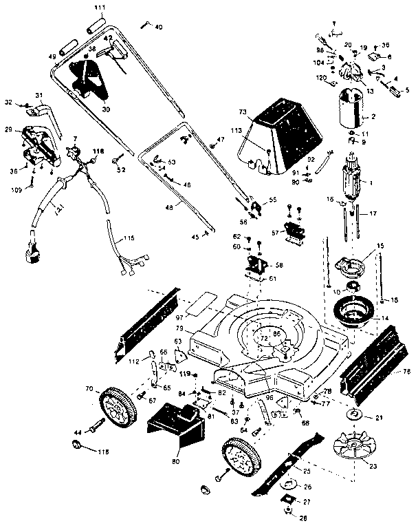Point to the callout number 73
tap(261, 112)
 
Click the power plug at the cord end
tap(32, 251)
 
